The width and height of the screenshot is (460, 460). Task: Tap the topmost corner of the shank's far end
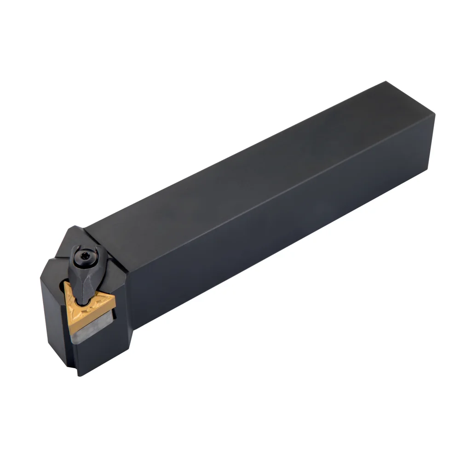pos(385,82)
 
